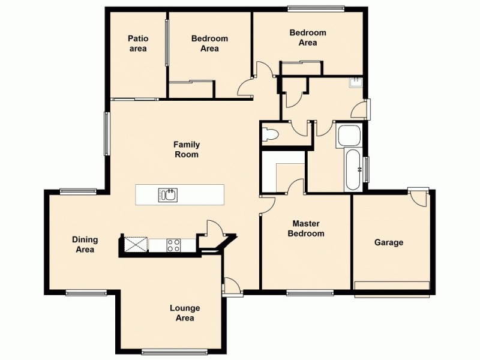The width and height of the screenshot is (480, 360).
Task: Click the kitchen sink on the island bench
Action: (167, 194)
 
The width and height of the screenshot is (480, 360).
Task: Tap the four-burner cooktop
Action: (173, 245)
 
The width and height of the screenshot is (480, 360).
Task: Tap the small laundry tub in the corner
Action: (357, 82)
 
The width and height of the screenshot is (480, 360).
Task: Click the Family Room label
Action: (187, 149)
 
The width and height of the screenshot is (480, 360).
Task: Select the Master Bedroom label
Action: (306, 229)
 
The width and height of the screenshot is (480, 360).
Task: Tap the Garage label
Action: (389, 243)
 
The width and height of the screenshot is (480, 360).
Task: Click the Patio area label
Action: (137, 44)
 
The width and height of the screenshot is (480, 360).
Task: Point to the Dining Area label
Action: (85, 245)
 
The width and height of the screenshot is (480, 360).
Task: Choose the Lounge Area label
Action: (185, 313)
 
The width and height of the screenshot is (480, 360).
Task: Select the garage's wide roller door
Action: (392, 286)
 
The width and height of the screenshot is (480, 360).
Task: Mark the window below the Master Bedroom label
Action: (310, 293)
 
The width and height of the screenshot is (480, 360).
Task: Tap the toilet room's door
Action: (298, 129)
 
